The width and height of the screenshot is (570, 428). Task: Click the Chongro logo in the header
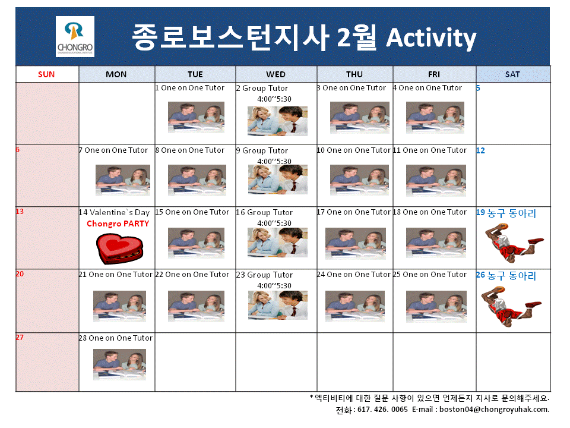[x=75, y=36]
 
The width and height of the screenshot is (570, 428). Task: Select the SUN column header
[x=46, y=74]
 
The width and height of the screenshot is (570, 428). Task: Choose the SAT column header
[x=512, y=74]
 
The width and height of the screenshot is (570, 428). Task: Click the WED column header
[x=275, y=74]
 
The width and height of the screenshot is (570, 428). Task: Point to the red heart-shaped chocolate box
[x=119, y=248]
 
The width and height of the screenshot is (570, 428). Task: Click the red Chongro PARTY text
[x=118, y=224]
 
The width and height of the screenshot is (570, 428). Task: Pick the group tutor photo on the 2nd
[x=277, y=121]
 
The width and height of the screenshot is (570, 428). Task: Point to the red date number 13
[x=20, y=211]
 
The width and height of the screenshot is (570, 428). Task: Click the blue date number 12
[x=480, y=150]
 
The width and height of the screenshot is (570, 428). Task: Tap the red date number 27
[x=20, y=337]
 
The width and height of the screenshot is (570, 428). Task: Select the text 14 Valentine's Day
[x=114, y=212]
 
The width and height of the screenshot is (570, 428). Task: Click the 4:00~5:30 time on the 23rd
[x=274, y=285]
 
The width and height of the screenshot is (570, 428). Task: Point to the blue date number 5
[x=478, y=88]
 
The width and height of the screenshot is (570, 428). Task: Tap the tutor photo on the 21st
[x=119, y=306]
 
